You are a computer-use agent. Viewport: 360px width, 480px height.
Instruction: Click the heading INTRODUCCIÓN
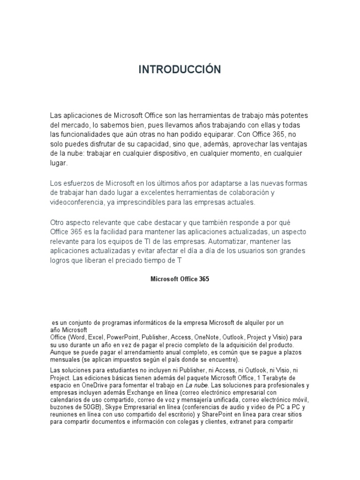pos(180,70)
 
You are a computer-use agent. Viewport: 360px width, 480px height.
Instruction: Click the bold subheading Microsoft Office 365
pos(180,278)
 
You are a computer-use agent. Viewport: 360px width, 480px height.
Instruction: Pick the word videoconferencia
pos(77,202)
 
